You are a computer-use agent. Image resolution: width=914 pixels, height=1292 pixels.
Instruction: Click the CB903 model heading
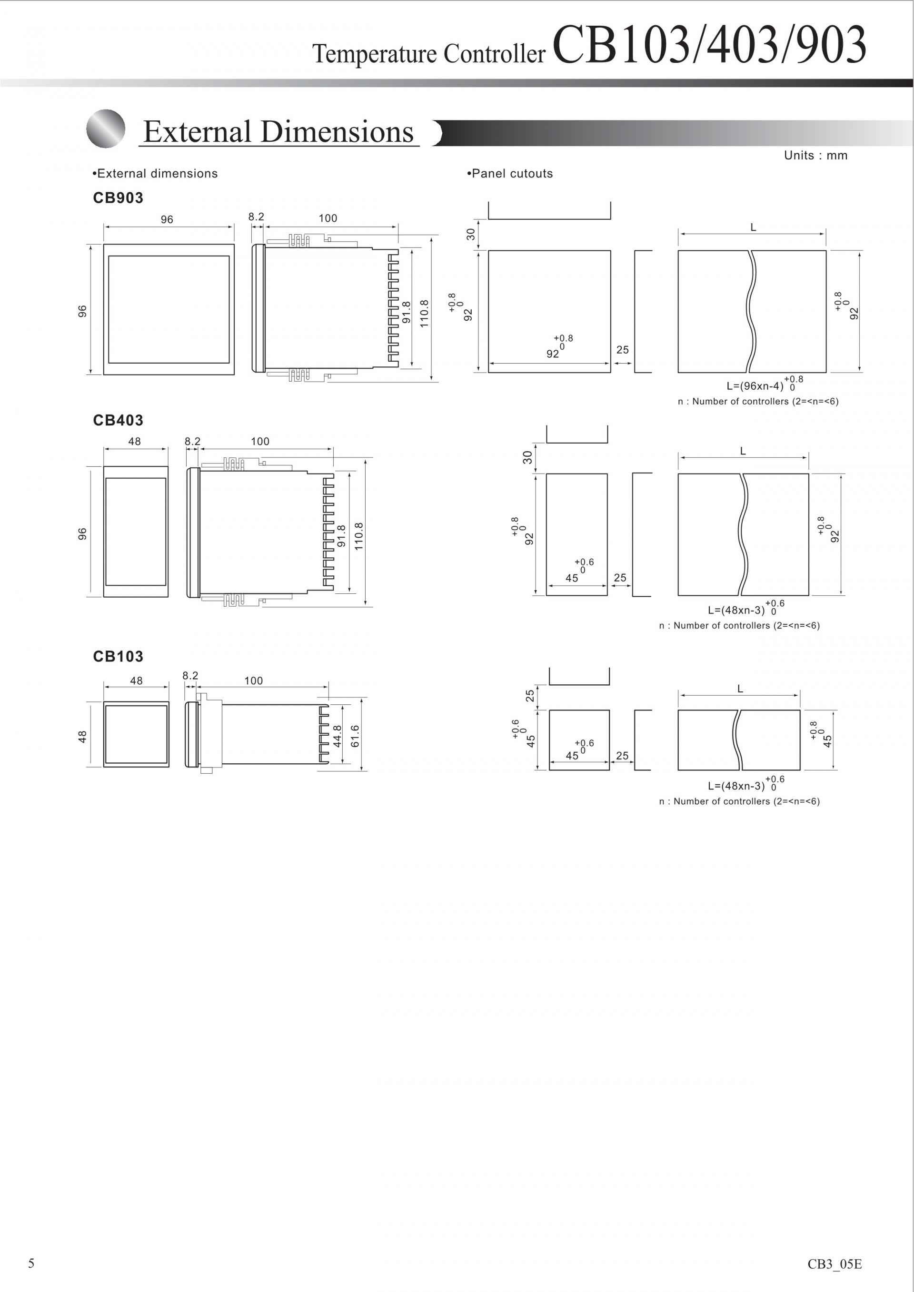pos(118,197)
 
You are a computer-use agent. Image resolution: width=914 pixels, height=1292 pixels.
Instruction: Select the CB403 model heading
pos(118,420)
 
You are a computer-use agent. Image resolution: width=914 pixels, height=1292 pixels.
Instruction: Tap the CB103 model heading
pos(118,656)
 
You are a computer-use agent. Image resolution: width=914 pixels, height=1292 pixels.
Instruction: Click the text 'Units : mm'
pos(815,155)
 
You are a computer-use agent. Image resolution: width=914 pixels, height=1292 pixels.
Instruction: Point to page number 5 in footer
pos(31,1263)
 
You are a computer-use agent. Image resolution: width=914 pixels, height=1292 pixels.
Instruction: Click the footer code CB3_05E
pos(835,1264)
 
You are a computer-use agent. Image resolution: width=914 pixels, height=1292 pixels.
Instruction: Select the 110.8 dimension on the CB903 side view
pos(424,314)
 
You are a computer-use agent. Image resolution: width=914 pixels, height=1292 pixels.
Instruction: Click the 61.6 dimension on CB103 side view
pos(355,736)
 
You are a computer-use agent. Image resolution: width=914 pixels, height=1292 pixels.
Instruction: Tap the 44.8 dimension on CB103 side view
pos(337,736)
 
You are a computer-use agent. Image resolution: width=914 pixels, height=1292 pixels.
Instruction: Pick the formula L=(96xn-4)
pos(755,386)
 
